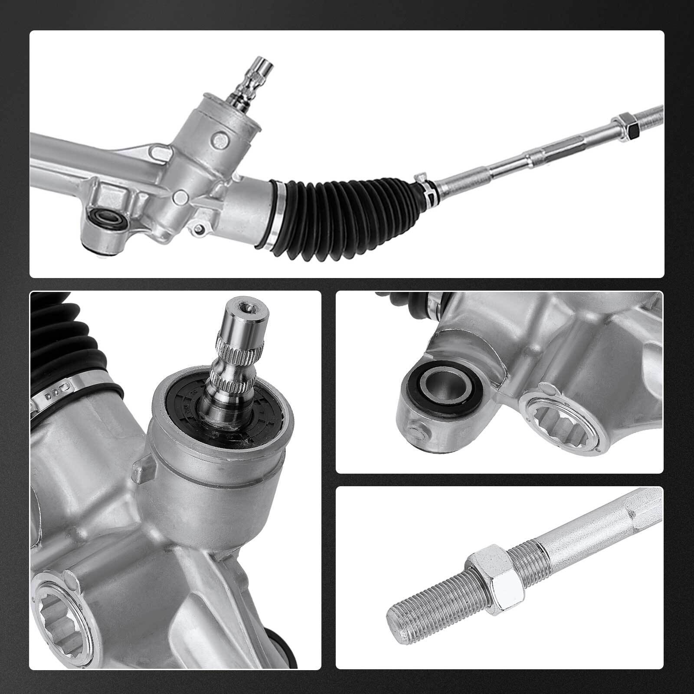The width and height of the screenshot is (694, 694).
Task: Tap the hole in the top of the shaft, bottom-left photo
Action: [x=247, y=308]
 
